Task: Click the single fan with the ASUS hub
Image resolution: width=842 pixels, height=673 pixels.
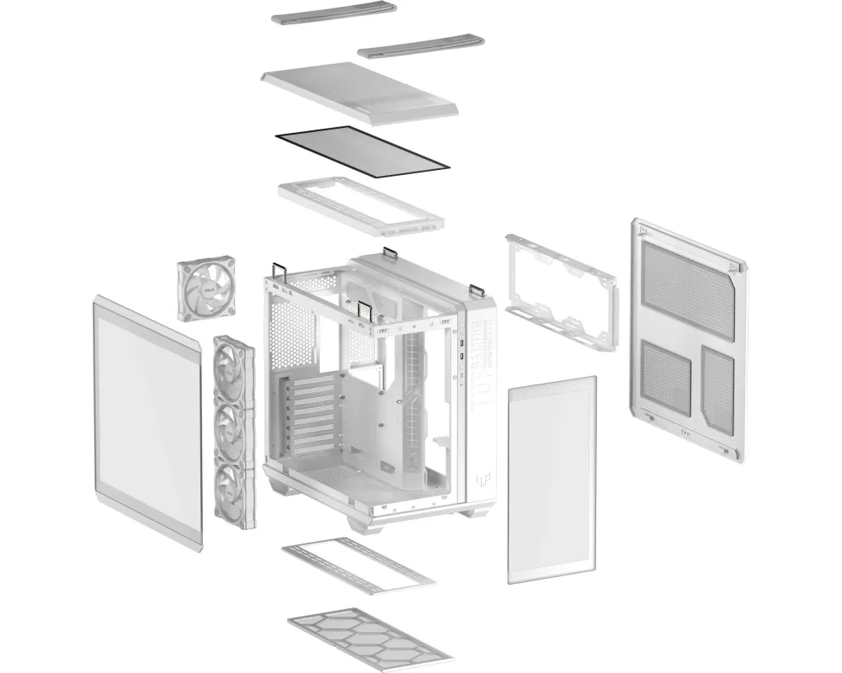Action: (x=205, y=288)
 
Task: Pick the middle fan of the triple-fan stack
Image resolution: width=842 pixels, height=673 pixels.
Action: (x=233, y=431)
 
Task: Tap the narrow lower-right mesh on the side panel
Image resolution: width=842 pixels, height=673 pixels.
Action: (x=717, y=389)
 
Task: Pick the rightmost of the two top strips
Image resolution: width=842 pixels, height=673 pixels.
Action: (x=421, y=46)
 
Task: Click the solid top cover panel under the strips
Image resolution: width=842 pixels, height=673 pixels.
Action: (x=360, y=92)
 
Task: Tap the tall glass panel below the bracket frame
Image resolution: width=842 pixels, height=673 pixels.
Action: (x=552, y=480)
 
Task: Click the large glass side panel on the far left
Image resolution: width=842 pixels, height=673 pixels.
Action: (x=147, y=425)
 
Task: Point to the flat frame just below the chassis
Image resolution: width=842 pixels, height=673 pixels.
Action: (x=358, y=564)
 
